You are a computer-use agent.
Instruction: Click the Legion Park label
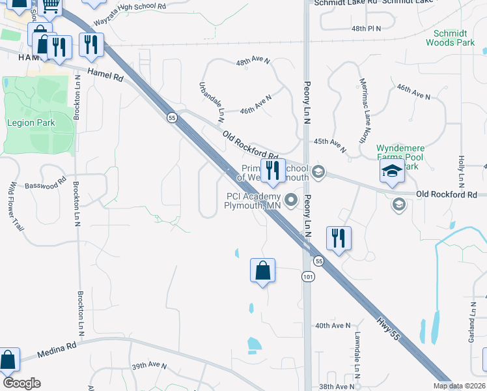(31, 123)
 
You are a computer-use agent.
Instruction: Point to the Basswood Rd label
(46, 186)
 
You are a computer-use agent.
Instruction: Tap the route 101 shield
(307, 277)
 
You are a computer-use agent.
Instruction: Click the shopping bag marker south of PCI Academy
(262, 270)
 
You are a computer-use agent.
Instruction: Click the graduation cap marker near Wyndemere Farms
(393, 172)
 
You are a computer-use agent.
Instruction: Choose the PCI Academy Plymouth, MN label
(253, 200)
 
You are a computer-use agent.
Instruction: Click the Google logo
(21, 383)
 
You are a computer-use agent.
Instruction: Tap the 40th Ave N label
(332, 325)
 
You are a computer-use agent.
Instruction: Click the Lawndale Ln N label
(357, 353)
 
